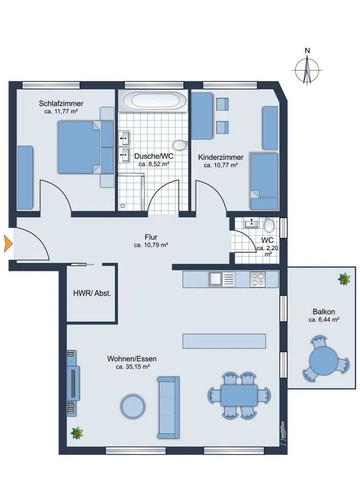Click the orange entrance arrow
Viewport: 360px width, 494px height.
pyautogui.click(x=7, y=243)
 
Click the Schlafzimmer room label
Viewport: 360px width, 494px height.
pyautogui.click(x=61, y=104)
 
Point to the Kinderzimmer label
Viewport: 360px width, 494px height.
pyautogui.click(x=221, y=157)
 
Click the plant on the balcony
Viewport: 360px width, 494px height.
pyautogui.click(x=344, y=279)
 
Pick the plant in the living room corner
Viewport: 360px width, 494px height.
pyautogui.click(x=76, y=433)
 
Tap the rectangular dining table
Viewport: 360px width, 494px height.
pyautogui.click(x=239, y=396)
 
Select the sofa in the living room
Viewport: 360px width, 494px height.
pyautogui.click(x=168, y=407)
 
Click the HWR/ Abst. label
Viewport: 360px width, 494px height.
pyautogui.click(x=92, y=293)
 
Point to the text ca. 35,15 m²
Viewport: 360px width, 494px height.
pyautogui.click(x=132, y=367)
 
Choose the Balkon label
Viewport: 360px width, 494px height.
pyautogui.click(x=324, y=312)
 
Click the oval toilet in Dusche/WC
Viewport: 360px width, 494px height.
pyautogui.click(x=180, y=145)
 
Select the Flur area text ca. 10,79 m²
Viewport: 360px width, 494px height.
pyautogui.click(x=151, y=245)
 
